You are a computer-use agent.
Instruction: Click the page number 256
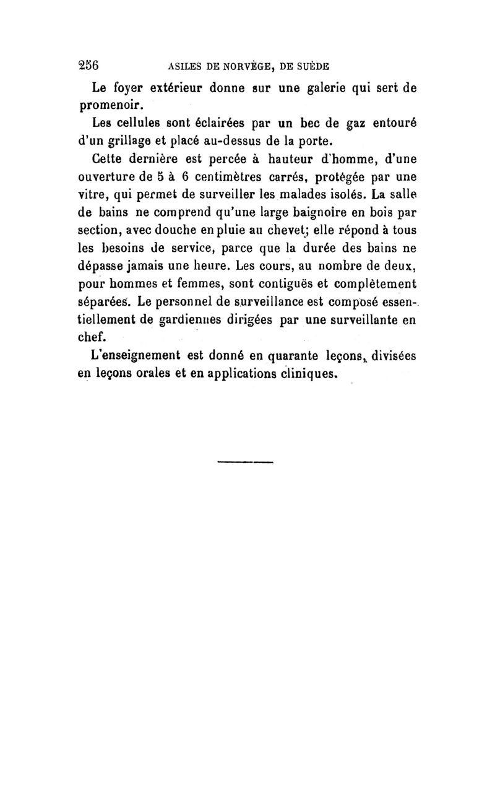pos(90,64)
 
